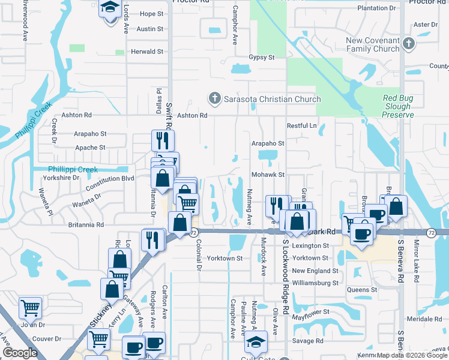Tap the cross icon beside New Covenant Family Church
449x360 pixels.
[x=408, y=44]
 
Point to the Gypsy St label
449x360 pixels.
[x=261, y=58]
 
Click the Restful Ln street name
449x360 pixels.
[x=301, y=125]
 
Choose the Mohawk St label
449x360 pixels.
[x=268, y=174]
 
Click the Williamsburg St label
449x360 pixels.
[x=315, y=282]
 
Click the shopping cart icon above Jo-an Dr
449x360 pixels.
[x=30, y=308]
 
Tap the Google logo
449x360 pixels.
[x=20, y=353]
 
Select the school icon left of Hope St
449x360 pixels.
[x=110, y=10]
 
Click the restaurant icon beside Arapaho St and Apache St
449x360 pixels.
[x=163, y=140]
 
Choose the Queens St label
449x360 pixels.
[x=362, y=290]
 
